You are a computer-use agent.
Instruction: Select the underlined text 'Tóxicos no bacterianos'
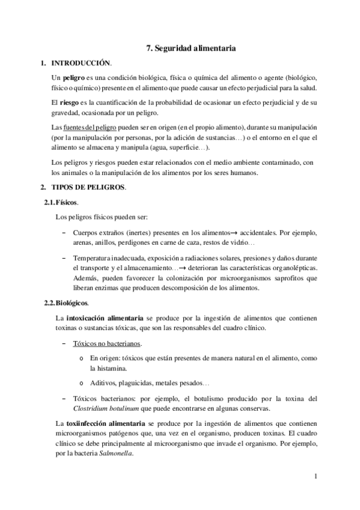[x=106, y=343]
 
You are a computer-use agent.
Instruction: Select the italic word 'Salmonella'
[x=116, y=454]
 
